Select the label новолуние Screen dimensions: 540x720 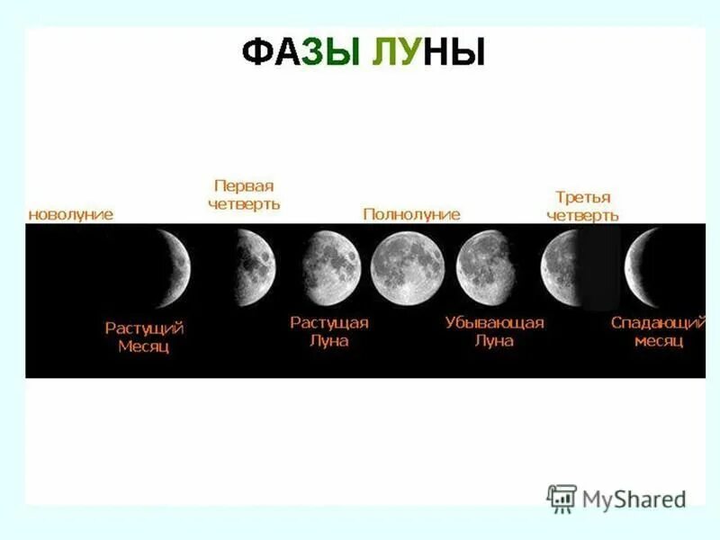coord(71,214)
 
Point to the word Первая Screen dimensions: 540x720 coord(243,185)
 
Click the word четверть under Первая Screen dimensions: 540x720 coord(243,204)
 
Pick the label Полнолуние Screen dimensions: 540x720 coord(411,214)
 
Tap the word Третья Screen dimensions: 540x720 coord(583,197)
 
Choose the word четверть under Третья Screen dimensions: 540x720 coord(583,216)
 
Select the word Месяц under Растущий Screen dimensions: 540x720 coord(144,346)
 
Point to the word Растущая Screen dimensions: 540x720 coord(328,322)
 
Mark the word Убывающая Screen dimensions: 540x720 coord(494,322)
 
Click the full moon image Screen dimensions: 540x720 coord(407,267)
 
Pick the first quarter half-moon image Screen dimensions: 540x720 coord(256,266)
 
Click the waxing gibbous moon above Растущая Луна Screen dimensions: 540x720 coord(331,267)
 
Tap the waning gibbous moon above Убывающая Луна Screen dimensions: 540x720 coord(484,267)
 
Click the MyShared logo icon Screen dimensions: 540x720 coord(562,498)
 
